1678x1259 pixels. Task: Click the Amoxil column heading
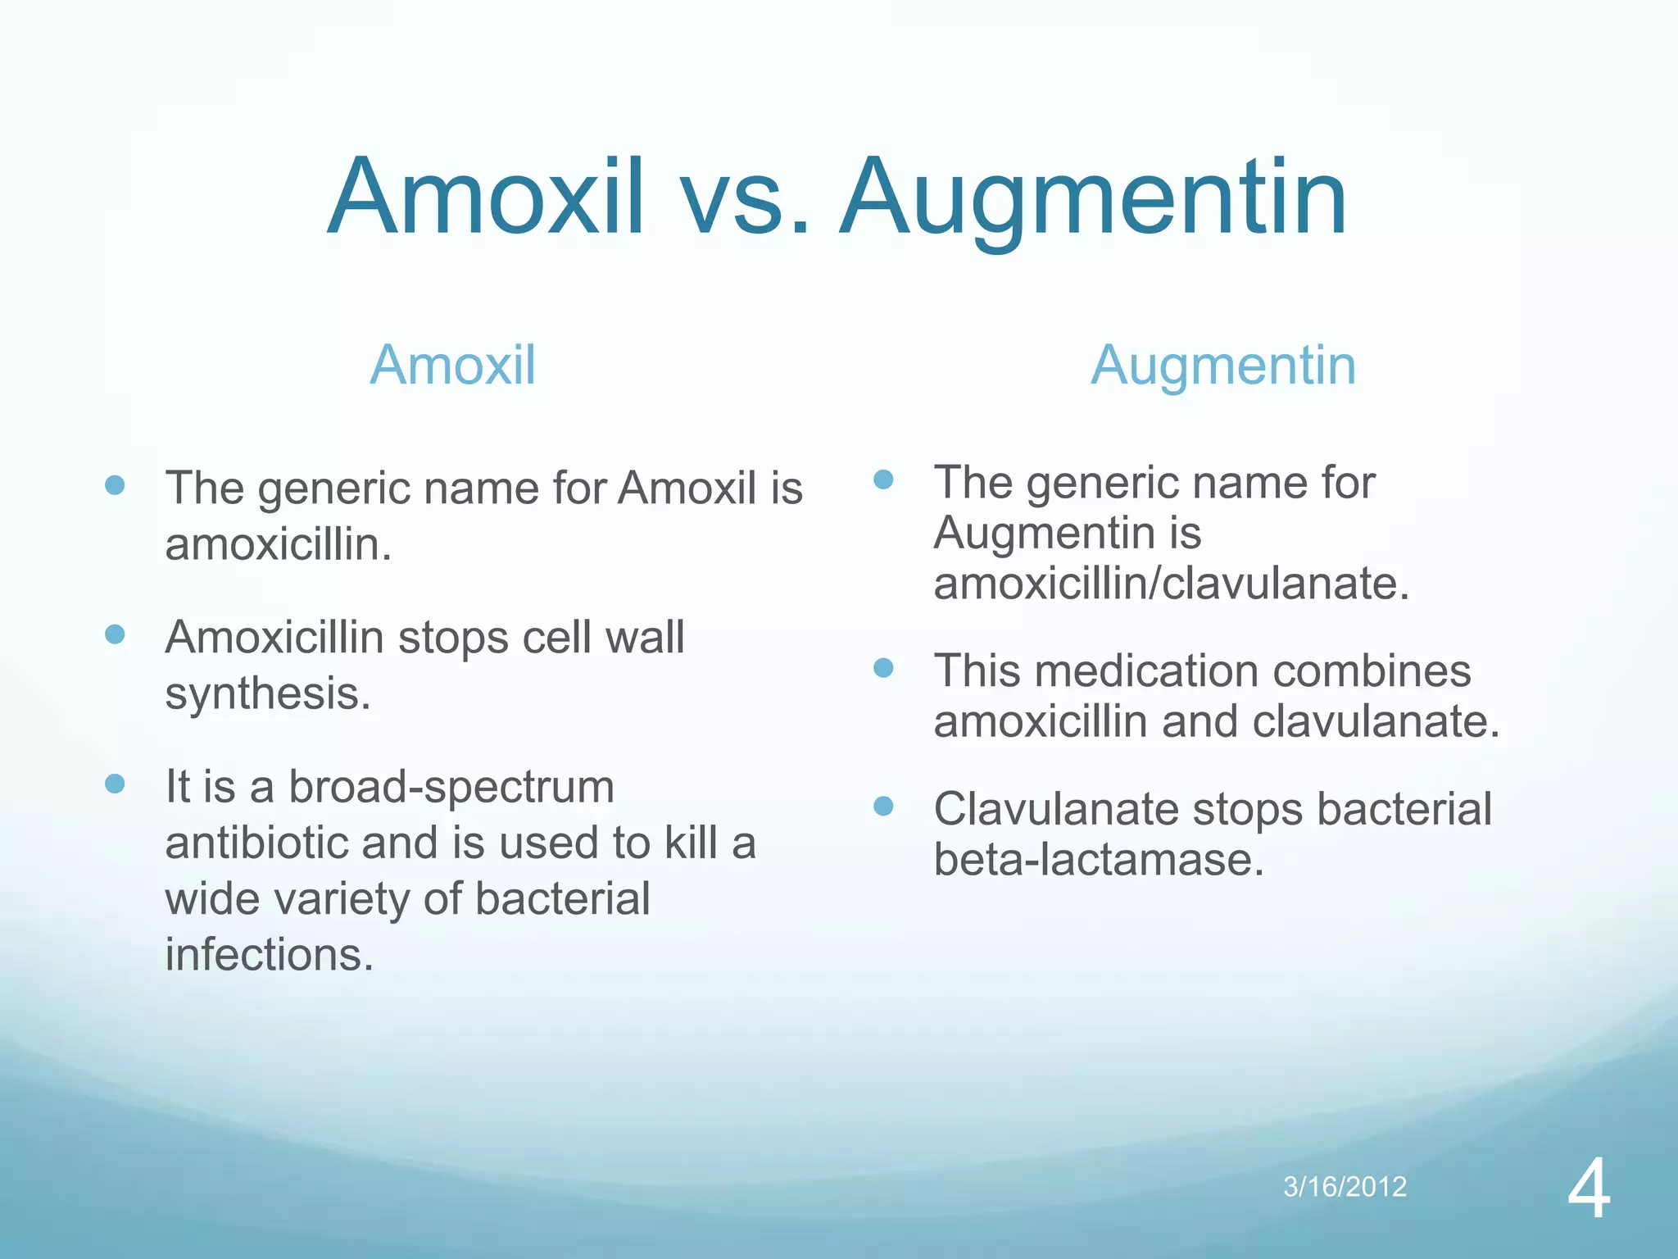453,365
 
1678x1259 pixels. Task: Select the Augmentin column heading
1223,365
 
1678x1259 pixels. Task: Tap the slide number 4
1589,1191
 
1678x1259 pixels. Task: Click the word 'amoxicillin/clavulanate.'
1171,584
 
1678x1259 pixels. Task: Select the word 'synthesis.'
268,693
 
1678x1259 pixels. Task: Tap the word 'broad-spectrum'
451,787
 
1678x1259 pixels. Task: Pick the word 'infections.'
270,955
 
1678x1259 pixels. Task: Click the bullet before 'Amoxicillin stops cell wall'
115,634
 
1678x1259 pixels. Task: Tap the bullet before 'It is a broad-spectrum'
115,784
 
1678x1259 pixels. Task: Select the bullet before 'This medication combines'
883,668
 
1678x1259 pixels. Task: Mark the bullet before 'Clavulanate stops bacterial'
883,807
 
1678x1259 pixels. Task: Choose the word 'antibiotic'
256,843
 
